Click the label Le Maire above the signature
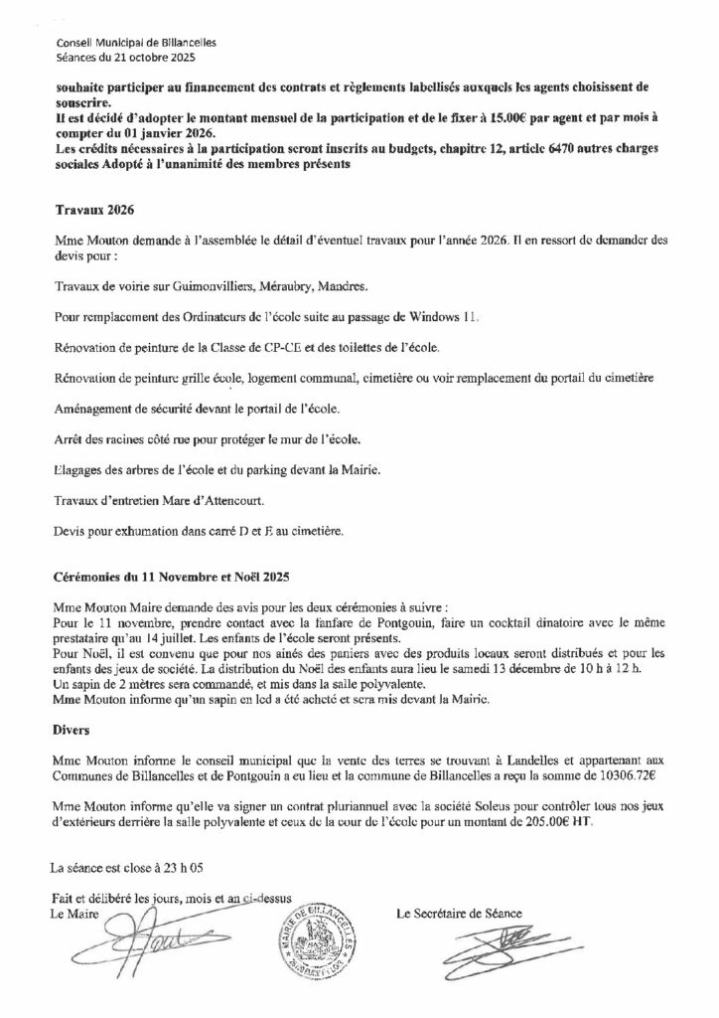point(76,914)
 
